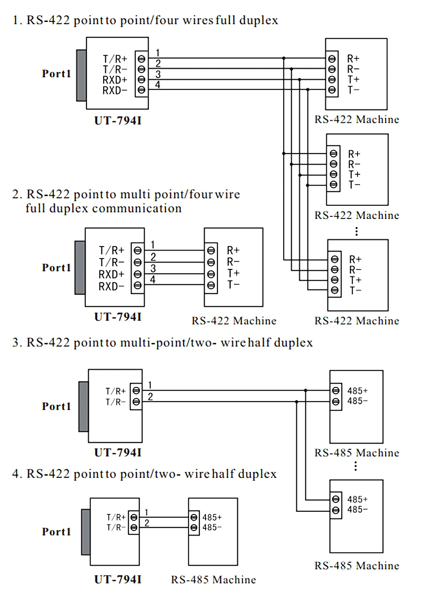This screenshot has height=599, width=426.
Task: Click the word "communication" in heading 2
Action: point(137,208)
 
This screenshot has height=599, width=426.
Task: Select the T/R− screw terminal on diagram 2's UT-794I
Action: point(137,262)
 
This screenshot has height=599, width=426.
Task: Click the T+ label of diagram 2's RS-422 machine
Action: point(233,273)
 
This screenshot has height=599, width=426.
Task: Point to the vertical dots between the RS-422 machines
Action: point(357,231)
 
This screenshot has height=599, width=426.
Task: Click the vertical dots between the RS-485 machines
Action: point(355,466)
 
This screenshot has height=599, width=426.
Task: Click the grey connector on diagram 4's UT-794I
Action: point(86,531)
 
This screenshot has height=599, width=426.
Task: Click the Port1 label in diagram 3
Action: point(57,406)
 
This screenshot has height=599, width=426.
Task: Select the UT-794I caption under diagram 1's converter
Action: point(118,121)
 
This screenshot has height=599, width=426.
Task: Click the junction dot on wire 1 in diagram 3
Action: point(306,391)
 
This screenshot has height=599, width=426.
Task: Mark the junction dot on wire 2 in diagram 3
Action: point(296,402)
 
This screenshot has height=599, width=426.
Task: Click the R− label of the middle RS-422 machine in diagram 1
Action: point(354,164)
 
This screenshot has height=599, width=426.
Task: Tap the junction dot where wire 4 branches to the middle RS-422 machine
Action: point(308,185)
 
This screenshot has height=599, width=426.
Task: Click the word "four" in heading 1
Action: point(167,20)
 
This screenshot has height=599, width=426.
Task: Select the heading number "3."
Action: point(17,343)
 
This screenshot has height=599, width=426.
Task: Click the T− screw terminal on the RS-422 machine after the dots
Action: point(335,290)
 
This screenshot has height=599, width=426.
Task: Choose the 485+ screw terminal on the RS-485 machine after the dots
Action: point(336,499)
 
